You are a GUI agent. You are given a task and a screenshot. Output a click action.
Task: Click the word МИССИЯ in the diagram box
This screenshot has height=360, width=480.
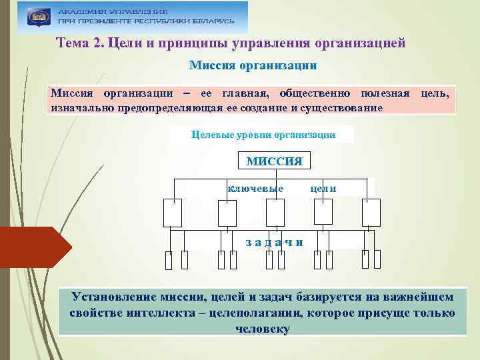tap(274, 161)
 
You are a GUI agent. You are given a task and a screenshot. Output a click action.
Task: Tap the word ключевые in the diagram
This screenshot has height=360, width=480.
tap(256, 189)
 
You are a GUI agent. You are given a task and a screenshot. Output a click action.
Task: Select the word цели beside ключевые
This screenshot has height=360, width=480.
tap(323, 189)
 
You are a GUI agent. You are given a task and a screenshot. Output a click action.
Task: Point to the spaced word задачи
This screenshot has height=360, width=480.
tap(274, 242)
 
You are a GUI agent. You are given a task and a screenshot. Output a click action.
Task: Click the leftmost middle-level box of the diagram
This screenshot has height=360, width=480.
tap(172, 213)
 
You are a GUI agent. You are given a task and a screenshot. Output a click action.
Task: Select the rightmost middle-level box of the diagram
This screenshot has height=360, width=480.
tap(371, 213)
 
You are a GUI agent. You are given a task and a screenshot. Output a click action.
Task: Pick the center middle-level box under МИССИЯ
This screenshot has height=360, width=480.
tap(275, 213)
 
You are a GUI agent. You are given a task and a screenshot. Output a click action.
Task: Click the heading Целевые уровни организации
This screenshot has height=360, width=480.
tap(263, 135)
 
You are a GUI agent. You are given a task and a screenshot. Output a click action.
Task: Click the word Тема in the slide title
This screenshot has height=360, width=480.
tap(71, 43)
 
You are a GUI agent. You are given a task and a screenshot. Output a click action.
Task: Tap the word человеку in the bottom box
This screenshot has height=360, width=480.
tap(263, 329)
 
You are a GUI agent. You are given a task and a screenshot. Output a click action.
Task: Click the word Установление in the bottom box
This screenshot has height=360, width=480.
tap(113, 297)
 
